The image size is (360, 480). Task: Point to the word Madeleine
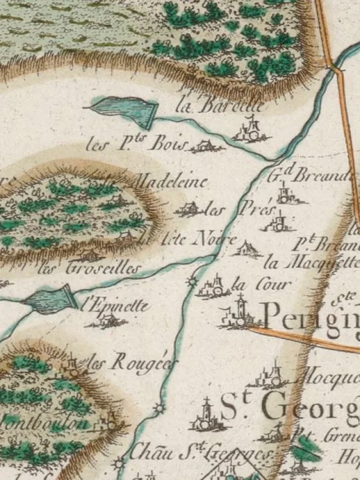click(172, 182)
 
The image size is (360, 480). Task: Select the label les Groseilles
click(88, 269)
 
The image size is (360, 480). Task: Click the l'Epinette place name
click(116, 306)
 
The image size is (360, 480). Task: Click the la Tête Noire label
click(188, 239)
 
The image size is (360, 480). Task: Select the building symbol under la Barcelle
click(251, 132)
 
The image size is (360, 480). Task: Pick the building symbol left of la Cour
click(214, 288)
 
